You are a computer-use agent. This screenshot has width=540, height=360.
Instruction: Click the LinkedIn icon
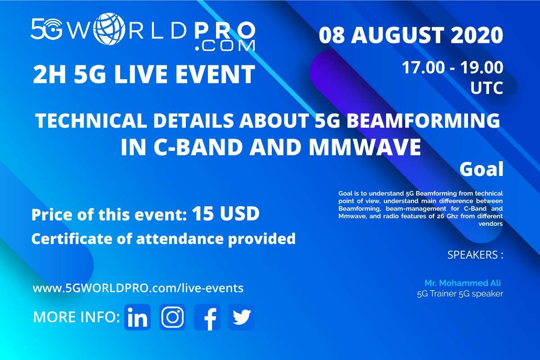pyautogui.click(x=137, y=317)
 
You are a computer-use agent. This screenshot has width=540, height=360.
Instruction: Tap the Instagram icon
pyautogui.click(x=172, y=317)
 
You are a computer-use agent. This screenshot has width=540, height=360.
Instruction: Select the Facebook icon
pyautogui.click(x=207, y=317)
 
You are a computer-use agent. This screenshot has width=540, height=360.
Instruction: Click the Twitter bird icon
pyautogui.click(x=241, y=317)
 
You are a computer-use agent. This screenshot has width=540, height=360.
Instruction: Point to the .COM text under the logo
pyautogui.click(x=225, y=46)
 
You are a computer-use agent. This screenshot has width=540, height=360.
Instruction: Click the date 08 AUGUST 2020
pyautogui.click(x=411, y=35)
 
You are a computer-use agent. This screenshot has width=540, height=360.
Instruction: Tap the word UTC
pyautogui.click(x=487, y=88)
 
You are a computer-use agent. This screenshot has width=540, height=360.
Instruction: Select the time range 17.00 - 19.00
pyautogui.click(x=453, y=67)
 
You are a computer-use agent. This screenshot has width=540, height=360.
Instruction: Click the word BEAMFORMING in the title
pyautogui.click(x=423, y=120)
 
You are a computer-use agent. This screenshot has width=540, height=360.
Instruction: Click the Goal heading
pyautogui.click(x=481, y=169)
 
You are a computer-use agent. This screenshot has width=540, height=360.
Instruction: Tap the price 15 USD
pyautogui.click(x=225, y=213)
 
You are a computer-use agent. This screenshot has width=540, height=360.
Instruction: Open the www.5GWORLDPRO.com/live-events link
pyautogui.click(x=138, y=288)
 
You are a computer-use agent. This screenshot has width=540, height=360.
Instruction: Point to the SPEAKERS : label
pyautogui.click(x=475, y=255)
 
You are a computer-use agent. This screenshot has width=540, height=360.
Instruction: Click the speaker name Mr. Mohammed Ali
pyautogui.click(x=463, y=283)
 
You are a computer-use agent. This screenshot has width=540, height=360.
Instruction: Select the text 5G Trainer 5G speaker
pyautogui.click(x=460, y=294)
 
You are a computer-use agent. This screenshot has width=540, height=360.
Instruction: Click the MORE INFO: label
pyautogui.click(x=76, y=317)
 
